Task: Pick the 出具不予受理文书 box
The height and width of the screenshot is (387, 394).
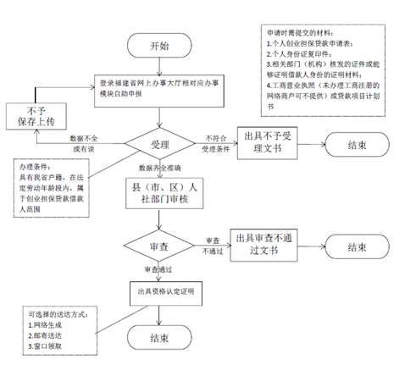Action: click(x=269, y=144)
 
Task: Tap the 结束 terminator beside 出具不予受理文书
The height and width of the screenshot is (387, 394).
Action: click(x=356, y=145)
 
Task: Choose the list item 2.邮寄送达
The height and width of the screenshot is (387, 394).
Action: click(x=47, y=335)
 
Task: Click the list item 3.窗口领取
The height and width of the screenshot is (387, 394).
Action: click(x=47, y=346)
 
